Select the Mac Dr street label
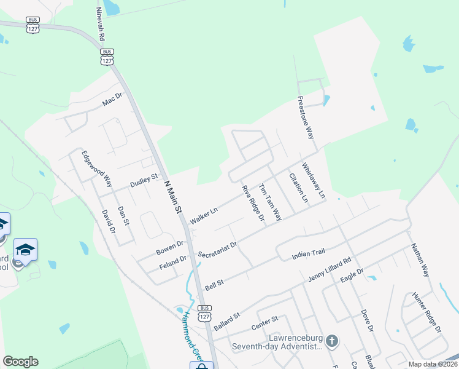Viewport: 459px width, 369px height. pyautogui.click(x=113, y=99)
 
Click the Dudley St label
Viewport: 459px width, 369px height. pyautogui.click(x=144, y=181)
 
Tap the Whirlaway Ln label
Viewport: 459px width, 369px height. pyautogui.click(x=314, y=180)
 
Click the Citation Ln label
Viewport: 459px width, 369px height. pyautogui.click(x=298, y=188)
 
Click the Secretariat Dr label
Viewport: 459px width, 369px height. pyautogui.click(x=217, y=249)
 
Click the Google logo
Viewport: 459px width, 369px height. pyautogui.click(x=20, y=362)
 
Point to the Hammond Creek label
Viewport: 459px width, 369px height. pyautogui.click(x=187, y=335)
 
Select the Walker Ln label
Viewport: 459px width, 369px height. pyautogui.click(x=204, y=216)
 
